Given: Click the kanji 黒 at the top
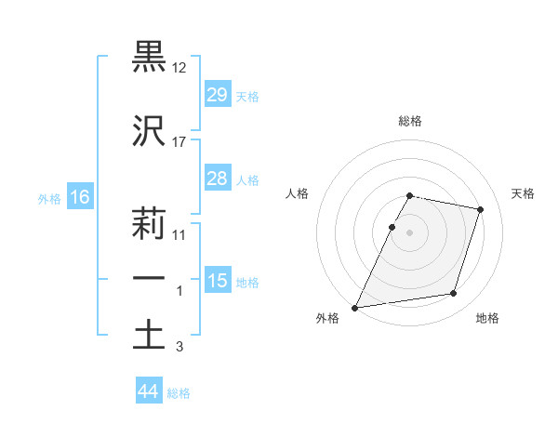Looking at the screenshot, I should coord(149,57).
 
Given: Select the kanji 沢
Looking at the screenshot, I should coord(149,133).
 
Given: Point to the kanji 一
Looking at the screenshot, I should coord(149,280).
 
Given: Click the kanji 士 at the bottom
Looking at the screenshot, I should coord(149,336).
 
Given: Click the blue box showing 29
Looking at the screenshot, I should coord(217,95).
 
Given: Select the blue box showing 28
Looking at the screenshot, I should coord(217,179).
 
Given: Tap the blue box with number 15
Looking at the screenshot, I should coord(217,281).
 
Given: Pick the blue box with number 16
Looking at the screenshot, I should coord(79,197).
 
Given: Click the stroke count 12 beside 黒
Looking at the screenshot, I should coord(179,68).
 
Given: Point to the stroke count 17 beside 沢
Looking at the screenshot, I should coord(179,142).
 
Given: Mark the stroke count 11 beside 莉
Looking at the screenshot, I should coord(179,235).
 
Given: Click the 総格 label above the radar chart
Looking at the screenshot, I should coord(409,121).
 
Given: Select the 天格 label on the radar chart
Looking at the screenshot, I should coord(523,193).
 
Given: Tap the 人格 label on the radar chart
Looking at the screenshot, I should coord(297,193).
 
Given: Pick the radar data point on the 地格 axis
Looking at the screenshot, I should coord(454,294).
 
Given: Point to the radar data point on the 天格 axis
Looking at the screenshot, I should coord(480,210).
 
